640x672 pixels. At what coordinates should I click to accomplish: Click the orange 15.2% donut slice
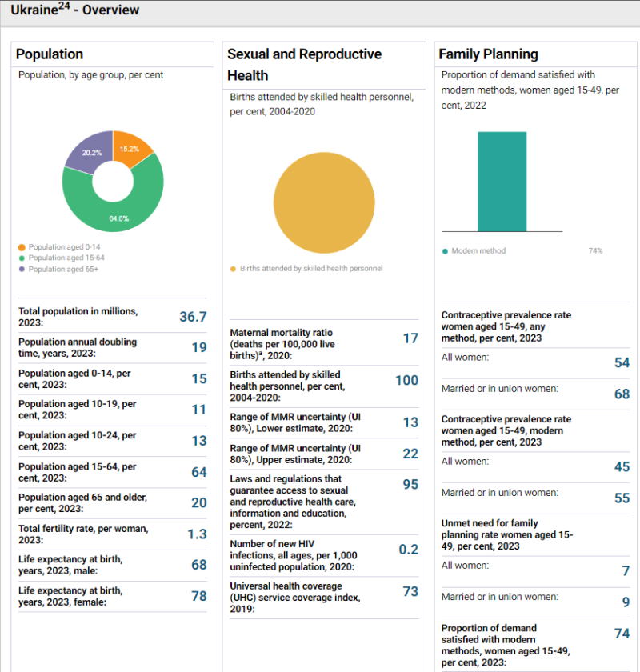[x=130, y=149]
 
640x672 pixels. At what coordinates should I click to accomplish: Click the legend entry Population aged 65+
[x=63, y=269]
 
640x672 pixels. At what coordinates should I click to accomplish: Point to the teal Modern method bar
[x=502, y=182]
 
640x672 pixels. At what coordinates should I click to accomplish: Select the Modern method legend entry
[x=478, y=251]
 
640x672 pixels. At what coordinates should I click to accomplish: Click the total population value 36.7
[x=193, y=317]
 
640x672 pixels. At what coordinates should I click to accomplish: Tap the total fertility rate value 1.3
[x=197, y=534]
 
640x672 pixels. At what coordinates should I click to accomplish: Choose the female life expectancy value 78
[x=198, y=596]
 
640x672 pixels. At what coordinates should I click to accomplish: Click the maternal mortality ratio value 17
[x=410, y=338]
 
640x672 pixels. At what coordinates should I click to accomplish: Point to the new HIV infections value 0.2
[x=409, y=550]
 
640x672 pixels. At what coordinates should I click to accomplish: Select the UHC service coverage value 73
[x=410, y=591]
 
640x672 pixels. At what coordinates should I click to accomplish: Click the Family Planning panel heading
[x=488, y=54]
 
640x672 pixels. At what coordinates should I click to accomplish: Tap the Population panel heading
[x=50, y=54]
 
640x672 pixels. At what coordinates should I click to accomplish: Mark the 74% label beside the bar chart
[x=595, y=251]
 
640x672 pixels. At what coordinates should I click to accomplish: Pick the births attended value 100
[x=407, y=380]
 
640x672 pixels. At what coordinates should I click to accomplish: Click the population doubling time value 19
[x=198, y=347]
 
